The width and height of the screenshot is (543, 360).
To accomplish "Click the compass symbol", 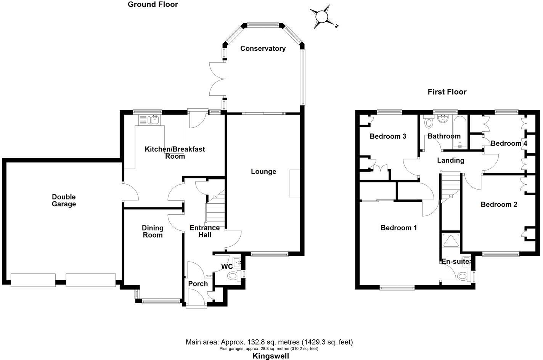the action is tap(322, 17).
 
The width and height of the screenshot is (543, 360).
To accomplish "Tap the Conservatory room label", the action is tap(263, 48).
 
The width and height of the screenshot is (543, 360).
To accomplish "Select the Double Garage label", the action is tap(64, 200).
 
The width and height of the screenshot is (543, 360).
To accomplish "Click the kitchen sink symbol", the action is tap(155, 120).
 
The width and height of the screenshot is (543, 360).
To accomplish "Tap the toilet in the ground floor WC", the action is tap(233, 276).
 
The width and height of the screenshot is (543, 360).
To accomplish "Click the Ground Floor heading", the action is tap(153, 5).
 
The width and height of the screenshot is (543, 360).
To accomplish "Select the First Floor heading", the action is tap(447, 92).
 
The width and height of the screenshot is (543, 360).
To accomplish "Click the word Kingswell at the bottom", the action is tap(271, 356).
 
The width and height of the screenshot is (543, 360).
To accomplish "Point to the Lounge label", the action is tap(263, 172).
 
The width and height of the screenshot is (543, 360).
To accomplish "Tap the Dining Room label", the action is tap(153, 231).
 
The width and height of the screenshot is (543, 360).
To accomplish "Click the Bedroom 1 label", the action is tap(398, 228).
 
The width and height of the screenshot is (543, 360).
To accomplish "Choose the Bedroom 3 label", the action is tap(388, 136).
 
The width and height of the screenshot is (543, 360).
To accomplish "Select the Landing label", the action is tap(450, 160).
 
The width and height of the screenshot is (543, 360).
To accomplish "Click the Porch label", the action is tap(198, 284).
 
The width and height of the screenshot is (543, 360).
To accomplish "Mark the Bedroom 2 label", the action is tap(499, 204).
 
